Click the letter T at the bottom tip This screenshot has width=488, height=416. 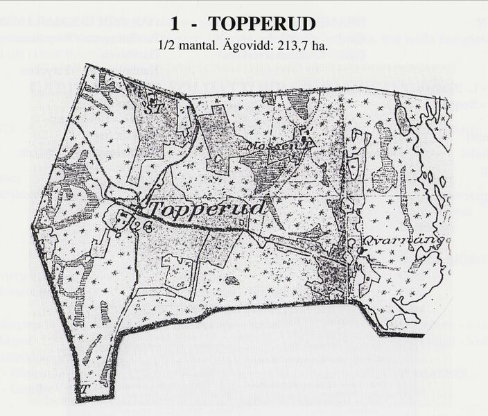tap(85, 388)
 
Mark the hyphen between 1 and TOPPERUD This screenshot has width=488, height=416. tap(198, 24)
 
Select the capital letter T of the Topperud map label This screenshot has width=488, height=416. tap(156, 209)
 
